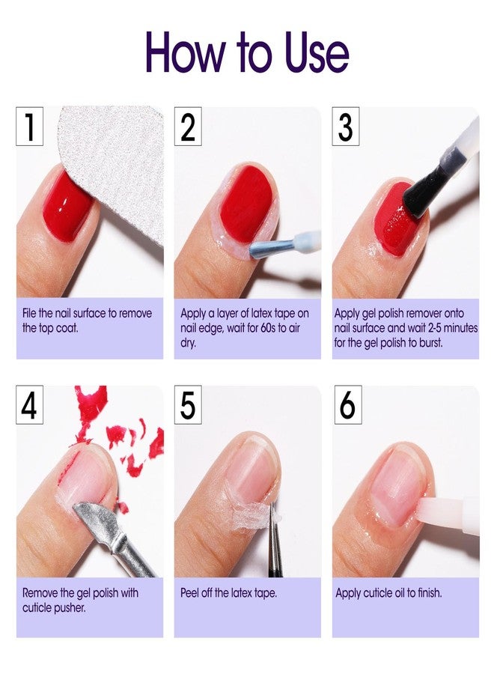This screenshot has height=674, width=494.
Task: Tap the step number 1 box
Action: tap(29, 126)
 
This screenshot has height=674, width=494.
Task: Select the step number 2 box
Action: tap(188, 126)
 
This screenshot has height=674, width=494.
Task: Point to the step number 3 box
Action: tap(345, 126)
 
